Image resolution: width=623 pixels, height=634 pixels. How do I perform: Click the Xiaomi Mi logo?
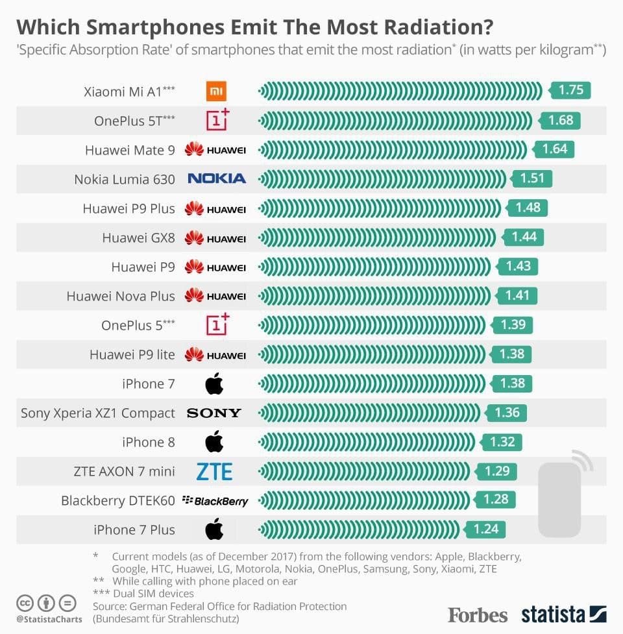coord(216,91)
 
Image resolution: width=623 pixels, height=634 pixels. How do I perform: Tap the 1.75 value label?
coord(570,90)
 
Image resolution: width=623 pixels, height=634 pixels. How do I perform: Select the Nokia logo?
coord(216,178)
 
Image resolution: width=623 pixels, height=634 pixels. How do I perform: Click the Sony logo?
coord(214,413)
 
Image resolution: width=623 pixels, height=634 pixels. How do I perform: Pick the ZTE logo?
coord(214,471)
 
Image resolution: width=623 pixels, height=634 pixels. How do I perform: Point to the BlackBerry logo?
coord(215,500)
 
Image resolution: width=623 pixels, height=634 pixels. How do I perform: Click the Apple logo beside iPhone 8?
coord(214,442)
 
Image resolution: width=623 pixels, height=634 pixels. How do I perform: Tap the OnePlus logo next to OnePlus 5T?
coord(217,119)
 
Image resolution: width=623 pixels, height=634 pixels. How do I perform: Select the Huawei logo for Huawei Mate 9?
coord(215,150)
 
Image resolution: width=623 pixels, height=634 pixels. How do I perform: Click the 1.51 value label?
coord(532,178)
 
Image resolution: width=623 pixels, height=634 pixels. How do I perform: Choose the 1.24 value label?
coord(485,529)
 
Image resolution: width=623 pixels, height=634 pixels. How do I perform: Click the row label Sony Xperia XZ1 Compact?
coord(98,413)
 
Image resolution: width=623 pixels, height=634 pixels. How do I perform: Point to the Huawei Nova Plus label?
coord(121,296)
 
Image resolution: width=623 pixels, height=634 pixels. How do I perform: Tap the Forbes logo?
coord(478,614)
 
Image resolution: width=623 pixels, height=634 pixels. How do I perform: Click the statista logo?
coord(563,614)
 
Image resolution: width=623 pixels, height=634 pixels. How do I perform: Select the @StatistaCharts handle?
coord(49,619)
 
